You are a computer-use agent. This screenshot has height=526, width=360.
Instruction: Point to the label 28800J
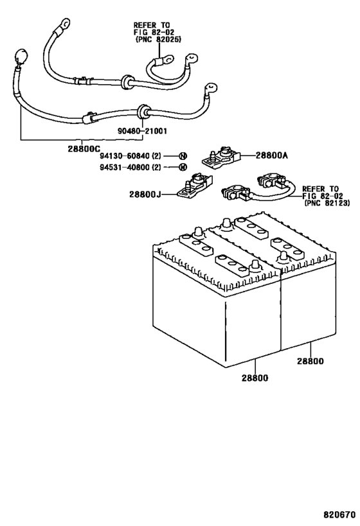click(x=154, y=193)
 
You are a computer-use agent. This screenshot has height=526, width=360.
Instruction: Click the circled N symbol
click(x=183, y=156)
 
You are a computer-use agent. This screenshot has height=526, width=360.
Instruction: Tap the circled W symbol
click(x=183, y=168)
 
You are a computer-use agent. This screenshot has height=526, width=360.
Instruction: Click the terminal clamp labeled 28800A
click(x=220, y=157)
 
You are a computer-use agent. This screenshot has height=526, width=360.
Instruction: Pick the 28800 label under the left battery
click(x=256, y=378)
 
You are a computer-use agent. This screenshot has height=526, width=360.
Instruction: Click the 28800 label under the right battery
click(x=310, y=361)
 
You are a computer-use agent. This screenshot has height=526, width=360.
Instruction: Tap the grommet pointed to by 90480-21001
click(x=145, y=112)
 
